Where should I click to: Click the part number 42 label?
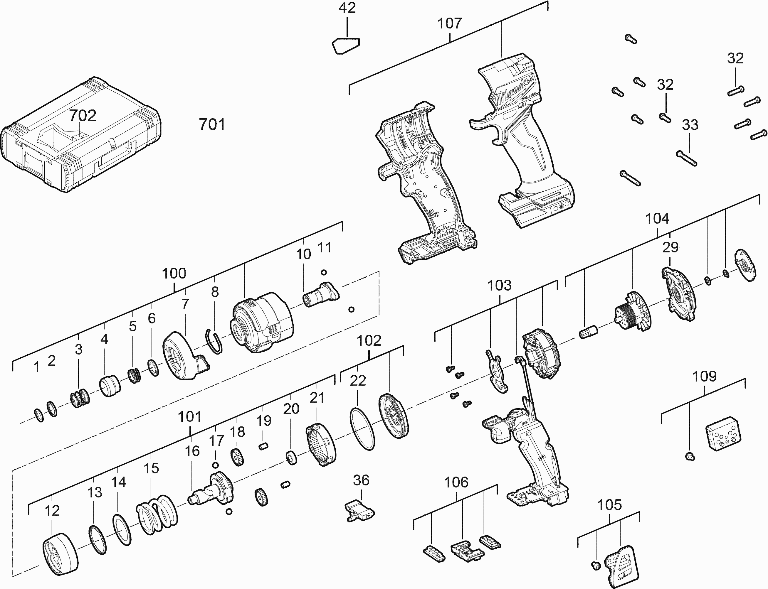point(347,8)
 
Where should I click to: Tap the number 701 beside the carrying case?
point(212,124)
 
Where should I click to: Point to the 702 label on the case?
point(83,115)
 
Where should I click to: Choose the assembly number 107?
point(449,24)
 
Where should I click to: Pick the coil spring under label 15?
point(157,514)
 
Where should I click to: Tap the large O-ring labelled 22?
point(362,428)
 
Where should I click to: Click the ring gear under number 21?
point(321,445)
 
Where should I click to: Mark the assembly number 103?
point(499,286)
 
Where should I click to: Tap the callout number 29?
point(670,247)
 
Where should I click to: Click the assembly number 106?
point(456,483)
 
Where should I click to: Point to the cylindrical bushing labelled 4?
point(110,386)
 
